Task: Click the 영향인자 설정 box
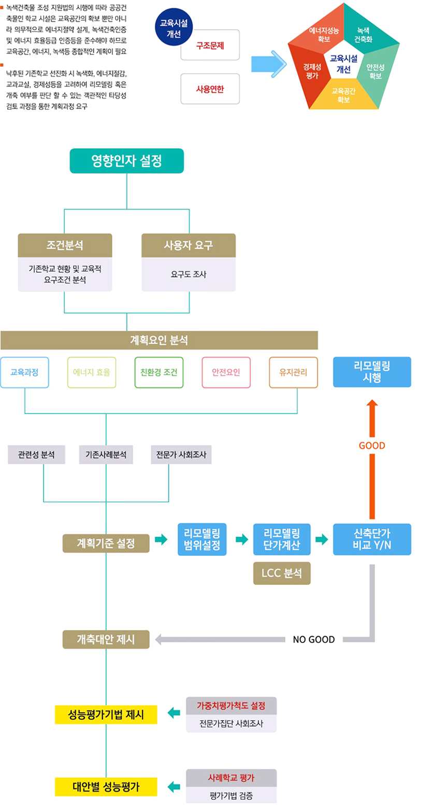pos(126,161)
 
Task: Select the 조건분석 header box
pos(65,245)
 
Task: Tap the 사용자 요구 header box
pos(189,245)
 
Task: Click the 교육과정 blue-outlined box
pos(24,372)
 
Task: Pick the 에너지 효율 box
pos(92,372)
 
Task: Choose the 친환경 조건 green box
pos(159,372)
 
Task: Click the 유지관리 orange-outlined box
pos(293,372)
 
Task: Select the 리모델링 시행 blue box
pos(372,372)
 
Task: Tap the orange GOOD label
pos(372,445)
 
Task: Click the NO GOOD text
pos(314,639)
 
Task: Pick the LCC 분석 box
pos(282,573)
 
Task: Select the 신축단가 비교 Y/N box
pos(372,540)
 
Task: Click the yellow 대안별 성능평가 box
pos(106,786)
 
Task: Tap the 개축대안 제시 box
pos(106,639)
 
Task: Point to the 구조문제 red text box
pos(210,46)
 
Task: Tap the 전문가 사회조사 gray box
pos(181,454)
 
